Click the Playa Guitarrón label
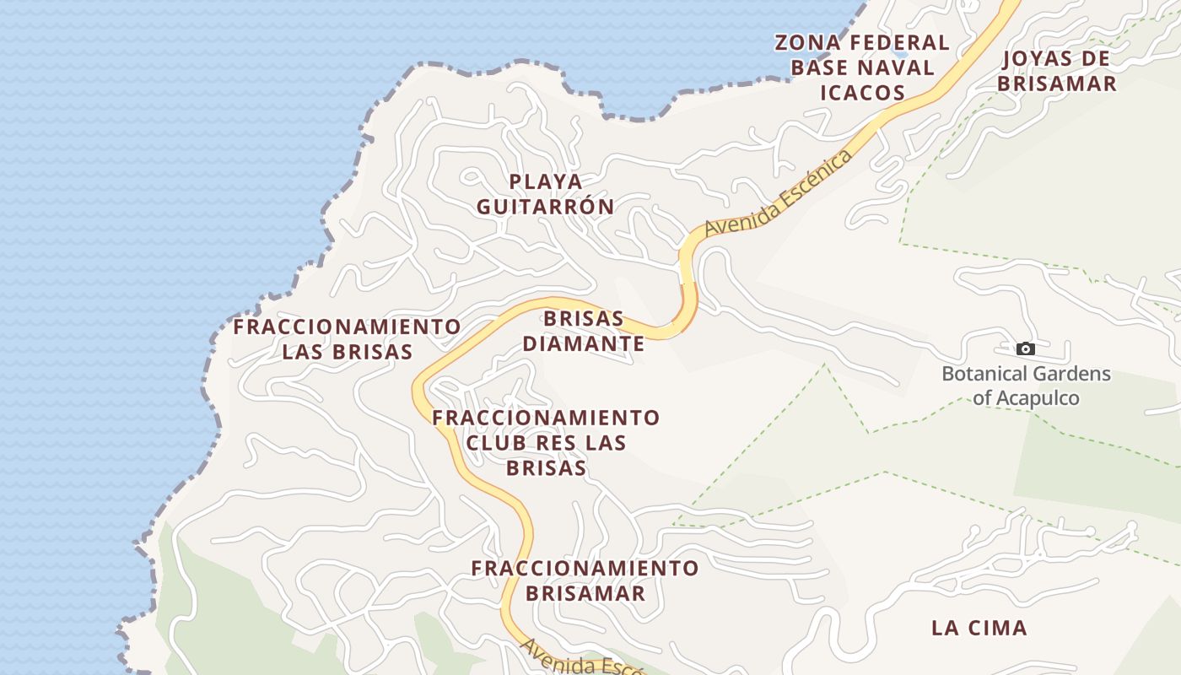(x=546, y=194)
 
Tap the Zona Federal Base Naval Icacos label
(x=862, y=67)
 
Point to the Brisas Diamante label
(x=584, y=332)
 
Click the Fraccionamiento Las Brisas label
(x=347, y=339)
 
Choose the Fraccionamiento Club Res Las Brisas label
(x=546, y=443)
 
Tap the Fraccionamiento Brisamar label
(x=585, y=580)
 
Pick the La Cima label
(x=979, y=628)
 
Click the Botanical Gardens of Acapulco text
(x=1026, y=386)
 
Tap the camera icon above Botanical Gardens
(x=1026, y=348)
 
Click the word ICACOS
(x=862, y=93)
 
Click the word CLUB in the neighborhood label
(x=496, y=443)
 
